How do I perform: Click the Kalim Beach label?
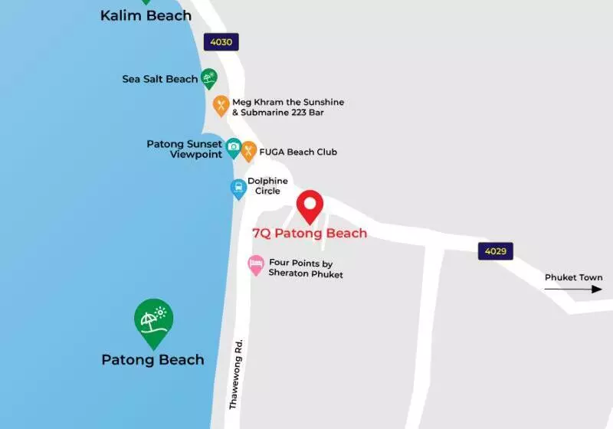pyautogui.click(x=146, y=15)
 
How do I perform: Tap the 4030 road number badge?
pyautogui.click(x=221, y=42)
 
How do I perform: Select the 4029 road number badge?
pyautogui.click(x=496, y=251)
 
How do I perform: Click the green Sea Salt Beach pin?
pyautogui.click(x=208, y=77)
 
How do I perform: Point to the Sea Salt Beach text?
pyautogui.click(x=160, y=79)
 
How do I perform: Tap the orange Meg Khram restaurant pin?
pyautogui.click(x=221, y=105)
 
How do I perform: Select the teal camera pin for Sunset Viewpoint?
pyautogui.click(x=233, y=147)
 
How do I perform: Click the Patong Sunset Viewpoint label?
pyautogui.click(x=185, y=149)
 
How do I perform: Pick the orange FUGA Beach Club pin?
pyautogui.click(x=248, y=150)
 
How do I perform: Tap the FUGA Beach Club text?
pyautogui.click(x=299, y=152)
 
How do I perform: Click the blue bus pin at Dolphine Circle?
pyautogui.click(x=239, y=188)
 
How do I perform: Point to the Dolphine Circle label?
pyautogui.click(x=267, y=186)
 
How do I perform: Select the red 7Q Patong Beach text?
pyautogui.click(x=310, y=234)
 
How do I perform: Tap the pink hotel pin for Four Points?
pyautogui.click(x=256, y=265)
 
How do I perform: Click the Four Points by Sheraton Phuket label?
pyautogui.click(x=306, y=268)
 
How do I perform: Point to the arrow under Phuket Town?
pyautogui.click(x=574, y=289)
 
